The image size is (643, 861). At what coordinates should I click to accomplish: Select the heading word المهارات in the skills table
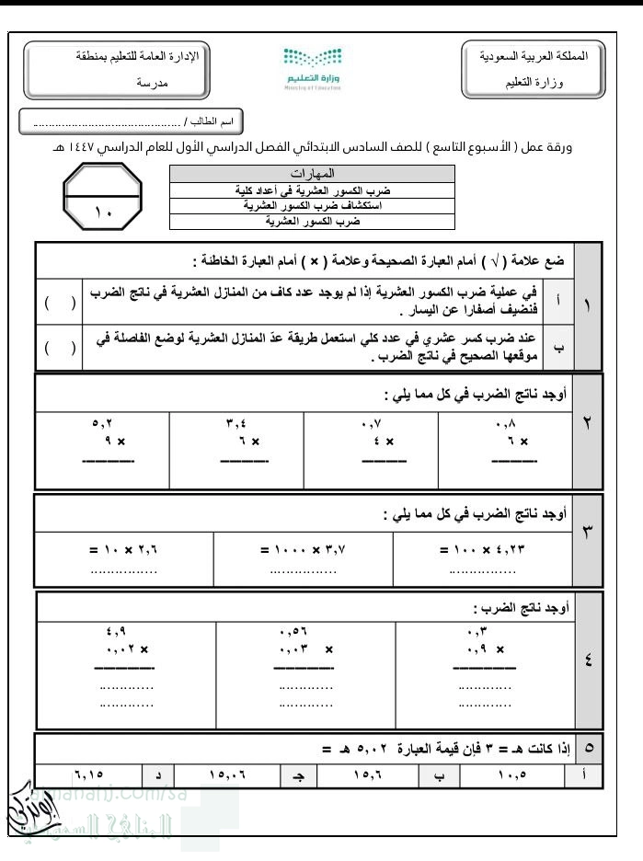coord(311,173)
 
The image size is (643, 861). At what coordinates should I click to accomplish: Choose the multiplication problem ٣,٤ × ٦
coord(236,433)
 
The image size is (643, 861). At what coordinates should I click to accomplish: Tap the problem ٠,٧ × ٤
coord(371,433)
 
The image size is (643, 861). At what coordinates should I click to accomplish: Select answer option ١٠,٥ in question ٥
coord(511,775)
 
